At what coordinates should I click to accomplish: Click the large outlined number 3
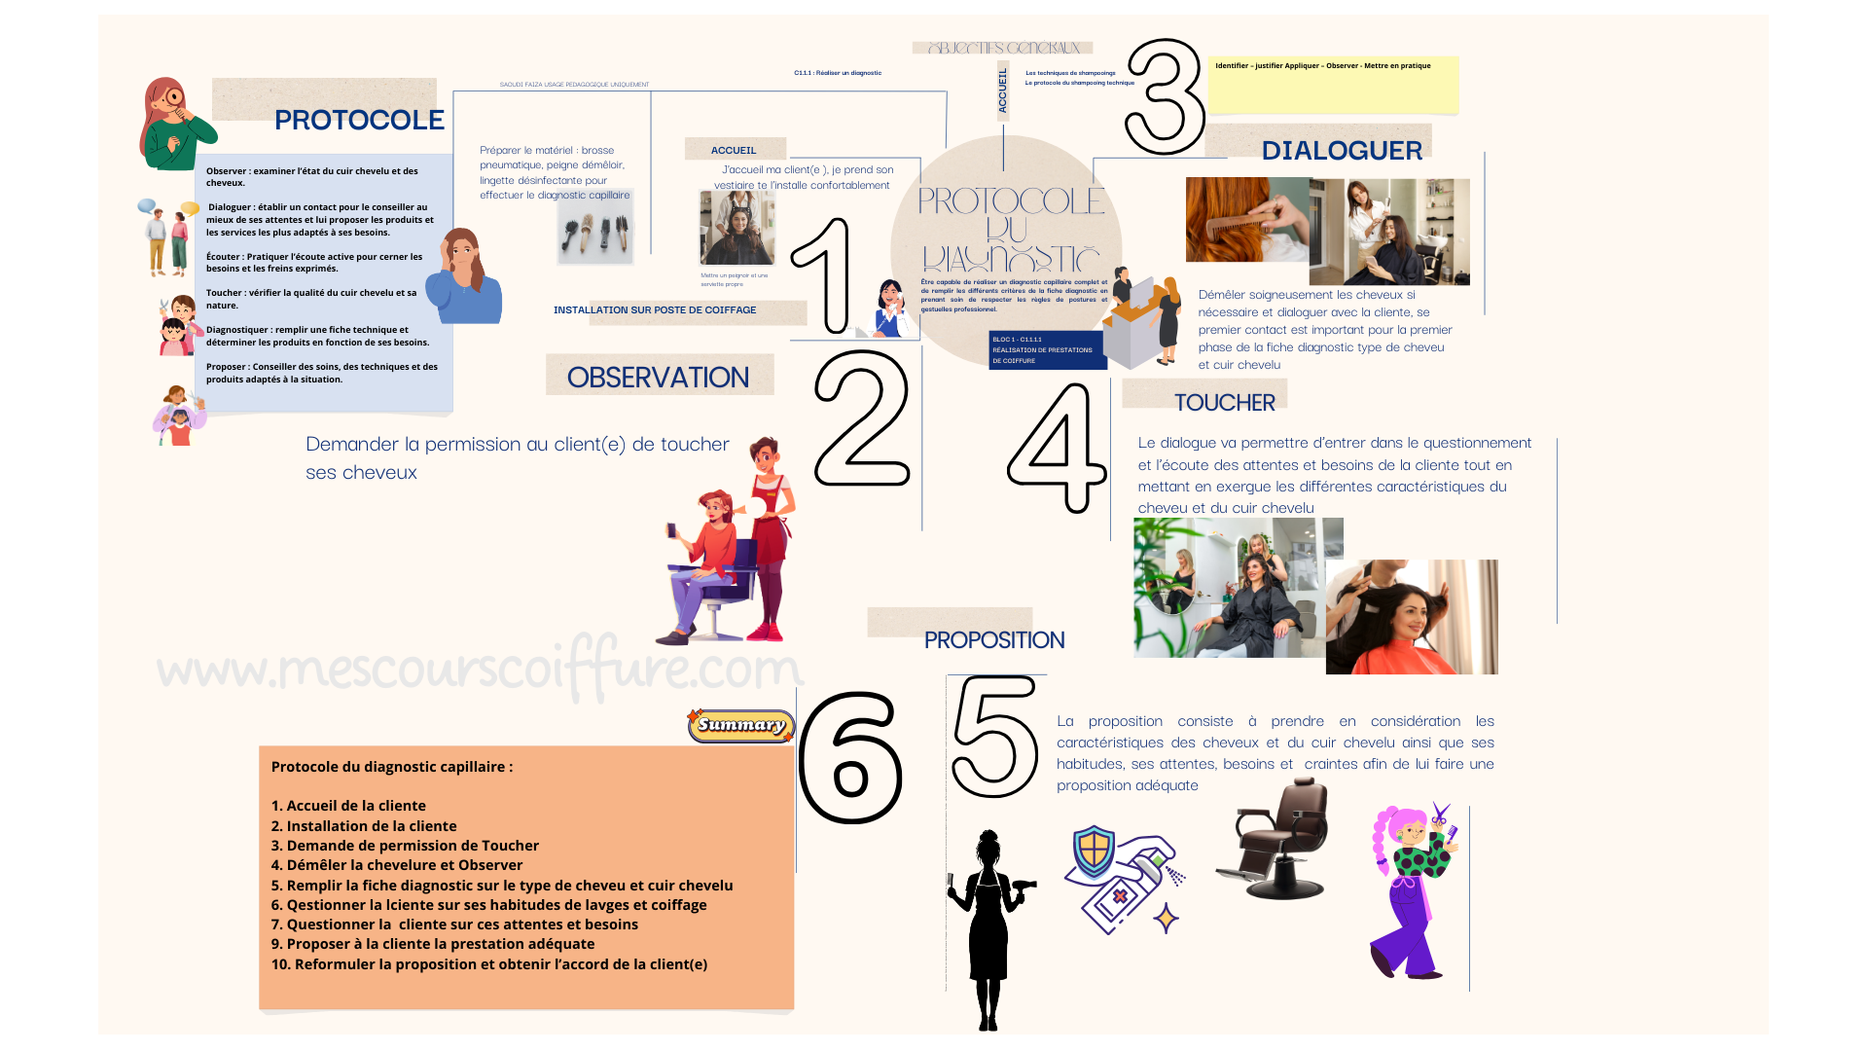pyautogui.click(x=1164, y=97)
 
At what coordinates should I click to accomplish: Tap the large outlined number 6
pyautogui.click(x=850, y=757)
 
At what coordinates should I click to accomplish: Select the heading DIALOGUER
pyautogui.click(x=1341, y=151)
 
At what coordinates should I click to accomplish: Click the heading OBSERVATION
pyautogui.click(x=658, y=378)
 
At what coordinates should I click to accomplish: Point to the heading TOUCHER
pyautogui.click(x=1224, y=402)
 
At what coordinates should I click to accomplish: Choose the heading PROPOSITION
pyautogui.click(x=993, y=640)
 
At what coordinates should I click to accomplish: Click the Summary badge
pyautogui.click(x=741, y=725)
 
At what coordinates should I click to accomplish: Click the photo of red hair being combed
pyautogui.click(x=1246, y=220)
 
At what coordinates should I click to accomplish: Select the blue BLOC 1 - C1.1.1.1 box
pyautogui.click(x=1047, y=350)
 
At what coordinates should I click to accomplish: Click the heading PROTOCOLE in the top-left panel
pyautogui.click(x=359, y=120)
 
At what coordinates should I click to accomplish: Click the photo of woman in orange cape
pyautogui.click(x=1411, y=617)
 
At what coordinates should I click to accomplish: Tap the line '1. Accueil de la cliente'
pyautogui.click(x=348, y=806)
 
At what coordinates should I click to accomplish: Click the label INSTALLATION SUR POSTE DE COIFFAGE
pyautogui.click(x=655, y=310)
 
